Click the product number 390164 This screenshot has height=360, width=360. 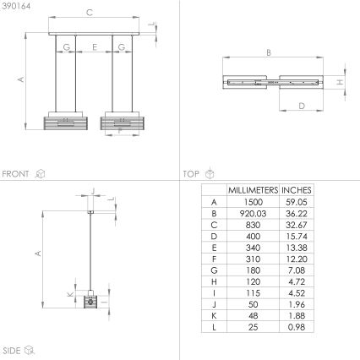click(x=16, y=6)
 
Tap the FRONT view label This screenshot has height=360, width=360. click(x=15, y=174)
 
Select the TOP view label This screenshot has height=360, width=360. click(x=191, y=174)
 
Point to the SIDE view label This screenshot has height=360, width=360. click(x=12, y=351)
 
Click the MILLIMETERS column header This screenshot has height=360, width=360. click(x=253, y=190)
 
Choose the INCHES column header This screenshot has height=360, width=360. click(x=297, y=190)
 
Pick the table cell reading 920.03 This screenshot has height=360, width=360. click(x=253, y=214)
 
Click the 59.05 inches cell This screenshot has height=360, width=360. click(x=297, y=202)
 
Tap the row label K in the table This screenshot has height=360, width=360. click(x=214, y=316)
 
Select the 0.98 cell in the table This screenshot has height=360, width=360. click(x=297, y=327)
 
